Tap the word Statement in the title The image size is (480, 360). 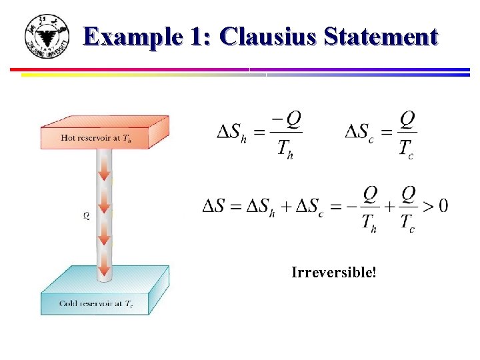pos(381,37)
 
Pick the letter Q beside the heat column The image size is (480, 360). pos(87,215)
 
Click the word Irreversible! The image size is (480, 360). pos(333,272)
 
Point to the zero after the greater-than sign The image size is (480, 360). pos(443,206)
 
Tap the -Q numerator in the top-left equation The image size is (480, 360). pos(287,119)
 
